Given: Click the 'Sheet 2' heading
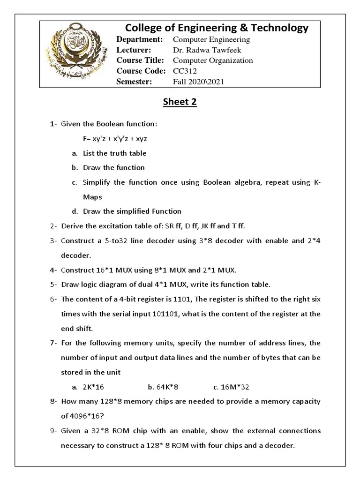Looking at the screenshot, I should (180, 103).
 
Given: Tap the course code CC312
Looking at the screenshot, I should (185, 71).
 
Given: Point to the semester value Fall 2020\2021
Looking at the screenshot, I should (199, 82).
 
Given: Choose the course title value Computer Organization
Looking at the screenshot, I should (213, 60).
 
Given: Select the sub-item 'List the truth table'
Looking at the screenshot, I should (114, 153).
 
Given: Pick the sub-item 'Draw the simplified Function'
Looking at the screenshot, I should (132, 211).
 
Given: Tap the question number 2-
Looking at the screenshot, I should (54, 226).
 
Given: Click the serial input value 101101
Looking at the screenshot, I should (167, 314).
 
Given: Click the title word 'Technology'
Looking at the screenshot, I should (278, 28).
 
